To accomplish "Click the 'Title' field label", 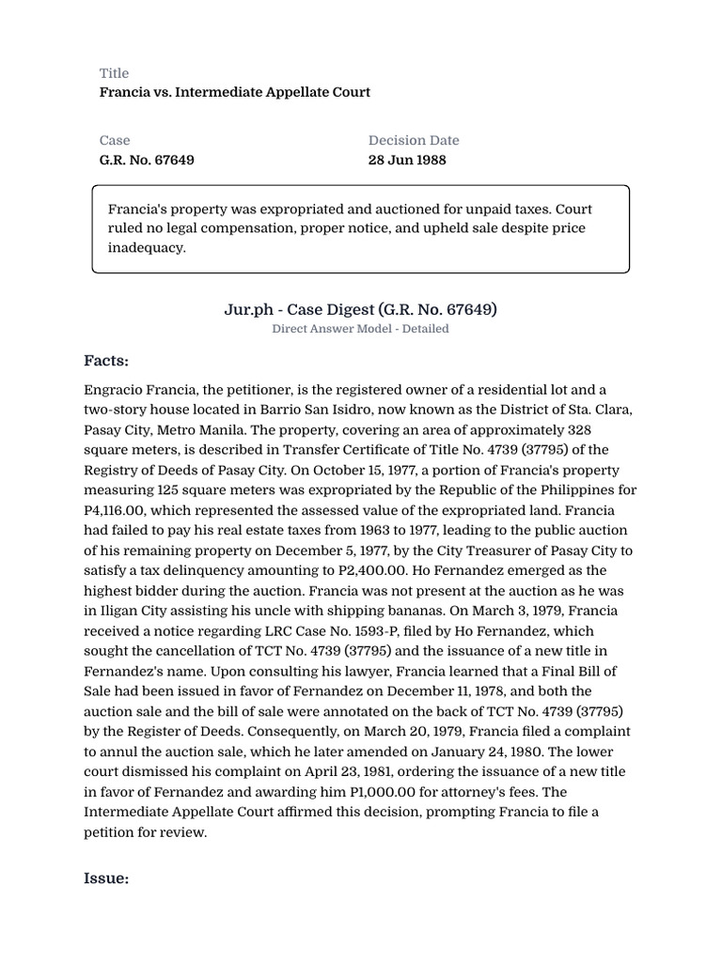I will (114, 73).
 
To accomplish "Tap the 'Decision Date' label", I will (414, 140).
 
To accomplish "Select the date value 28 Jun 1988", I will (407, 160).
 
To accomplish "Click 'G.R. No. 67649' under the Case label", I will (147, 160).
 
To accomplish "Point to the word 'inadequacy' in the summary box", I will (147, 248).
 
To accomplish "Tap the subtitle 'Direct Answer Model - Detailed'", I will (360, 329).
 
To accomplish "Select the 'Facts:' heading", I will (106, 361).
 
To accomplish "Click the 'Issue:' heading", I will (105, 878).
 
